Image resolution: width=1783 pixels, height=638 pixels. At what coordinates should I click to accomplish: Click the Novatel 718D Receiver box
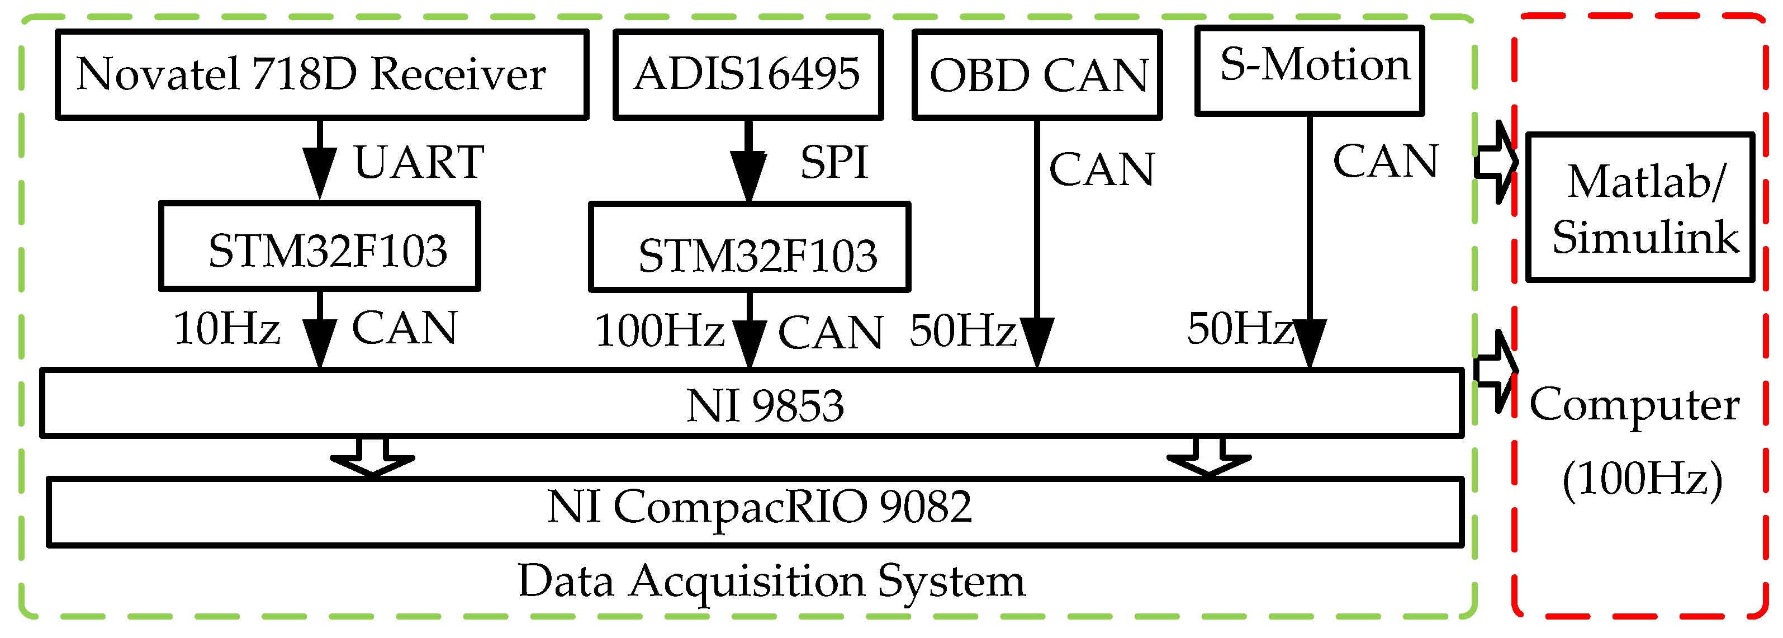pyautogui.click(x=322, y=74)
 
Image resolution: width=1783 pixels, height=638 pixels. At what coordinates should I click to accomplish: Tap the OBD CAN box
pyautogui.click(x=1036, y=75)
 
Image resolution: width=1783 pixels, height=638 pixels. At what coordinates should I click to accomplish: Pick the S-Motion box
pyautogui.click(x=1310, y=70)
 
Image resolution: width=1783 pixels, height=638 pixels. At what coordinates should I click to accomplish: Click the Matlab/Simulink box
pyautogui.click(x=1640, y=208)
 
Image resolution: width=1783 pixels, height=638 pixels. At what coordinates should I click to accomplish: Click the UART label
pyautogui.click(x=419, y=163)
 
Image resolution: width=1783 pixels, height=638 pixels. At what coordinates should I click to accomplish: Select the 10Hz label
pyautogui.click(x=226, y=328)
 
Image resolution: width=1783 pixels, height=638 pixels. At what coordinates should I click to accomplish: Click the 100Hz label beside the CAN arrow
pyautogui.click(x=659, y=331)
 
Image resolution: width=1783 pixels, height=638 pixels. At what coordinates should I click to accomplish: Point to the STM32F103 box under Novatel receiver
pyautogui.click(x=320, y=247)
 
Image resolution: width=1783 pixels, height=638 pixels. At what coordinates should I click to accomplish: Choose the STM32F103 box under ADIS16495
pyautogui.click(x=750, y=248)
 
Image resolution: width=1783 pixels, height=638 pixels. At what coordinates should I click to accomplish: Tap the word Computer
pyautogui.click(x=1634, y=405)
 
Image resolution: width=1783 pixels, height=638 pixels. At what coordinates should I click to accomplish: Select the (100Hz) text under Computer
pyautogui.click(x=1642, y=479)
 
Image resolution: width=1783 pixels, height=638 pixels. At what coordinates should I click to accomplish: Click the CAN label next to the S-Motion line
pyautogui.click(x=1386, y=162)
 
